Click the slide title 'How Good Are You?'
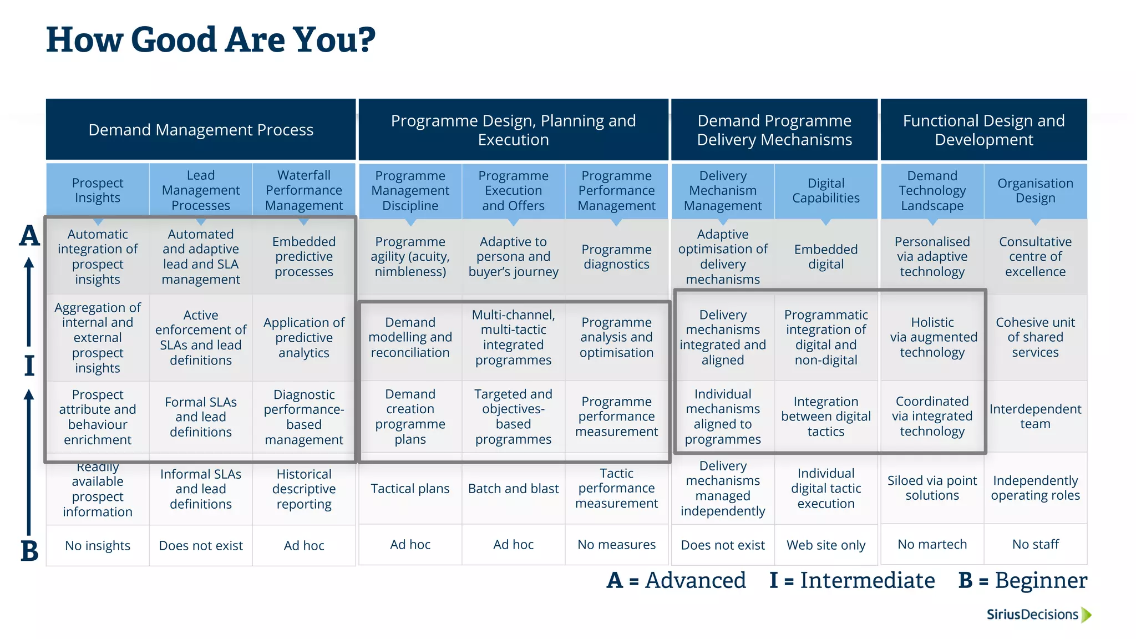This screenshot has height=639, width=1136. (x=211, y=40)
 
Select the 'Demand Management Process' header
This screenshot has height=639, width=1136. (x=201, y=130)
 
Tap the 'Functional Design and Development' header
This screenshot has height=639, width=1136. (x=983, y=130)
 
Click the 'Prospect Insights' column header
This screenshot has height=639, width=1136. (x=98, y=190)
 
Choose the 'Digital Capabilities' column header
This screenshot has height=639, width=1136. (x=825, y=190)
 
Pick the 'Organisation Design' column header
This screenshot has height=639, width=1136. (x=1035, y=190)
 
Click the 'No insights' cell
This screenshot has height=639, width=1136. (x=98, y=545)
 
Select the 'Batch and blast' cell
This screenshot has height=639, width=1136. (x=513, y=488)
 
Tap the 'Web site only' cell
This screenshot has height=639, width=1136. (x=825, y=545)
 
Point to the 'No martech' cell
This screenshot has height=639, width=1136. (x=932, y=544)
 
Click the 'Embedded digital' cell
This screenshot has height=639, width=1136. (x=825, y=256)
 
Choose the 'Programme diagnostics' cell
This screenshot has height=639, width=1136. (x=616, y=256)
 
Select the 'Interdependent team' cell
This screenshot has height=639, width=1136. (x=1035, y=416)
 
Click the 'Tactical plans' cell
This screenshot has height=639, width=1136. (x=410, y=488)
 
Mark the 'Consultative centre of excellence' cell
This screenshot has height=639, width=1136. (x=1035, y=256)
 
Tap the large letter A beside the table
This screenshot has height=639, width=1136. (x=29, y=236)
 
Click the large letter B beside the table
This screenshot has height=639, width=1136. (x=29, y=551)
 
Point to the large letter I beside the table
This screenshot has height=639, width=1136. (x=29, y=366)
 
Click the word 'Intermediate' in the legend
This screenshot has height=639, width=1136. (x=867, y=580)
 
